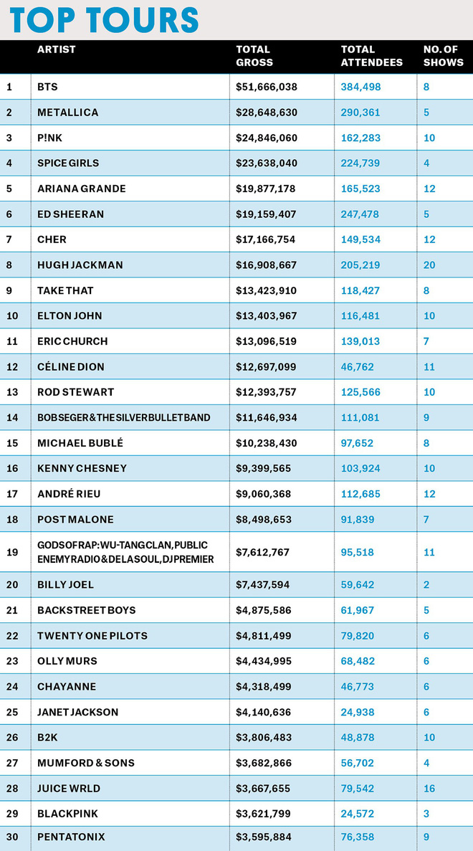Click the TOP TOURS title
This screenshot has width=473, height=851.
coord(105,19)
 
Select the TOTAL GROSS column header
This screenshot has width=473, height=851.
coord(254,56)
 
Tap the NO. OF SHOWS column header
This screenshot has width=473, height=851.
coord(444,56)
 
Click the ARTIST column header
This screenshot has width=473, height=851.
coord(57,49)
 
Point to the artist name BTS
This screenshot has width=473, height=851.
coord(47,87)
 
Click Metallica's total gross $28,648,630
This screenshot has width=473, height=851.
coord(267,113)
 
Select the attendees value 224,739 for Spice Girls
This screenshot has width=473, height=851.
coord(360,163)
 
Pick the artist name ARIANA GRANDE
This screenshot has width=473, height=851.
coord(82,189)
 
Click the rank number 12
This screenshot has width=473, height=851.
coord(11,366)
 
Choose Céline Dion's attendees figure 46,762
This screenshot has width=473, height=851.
coord(358,366)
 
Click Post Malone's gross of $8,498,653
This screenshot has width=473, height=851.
coord(264,519)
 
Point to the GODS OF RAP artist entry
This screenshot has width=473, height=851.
coord(125,552)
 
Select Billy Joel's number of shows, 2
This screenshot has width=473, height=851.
coord(426,585)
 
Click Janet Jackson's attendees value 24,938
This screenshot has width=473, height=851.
coord(358,712)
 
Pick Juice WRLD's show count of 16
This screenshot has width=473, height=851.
coord(429,789)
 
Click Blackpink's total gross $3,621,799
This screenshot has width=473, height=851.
coord(264,814)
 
